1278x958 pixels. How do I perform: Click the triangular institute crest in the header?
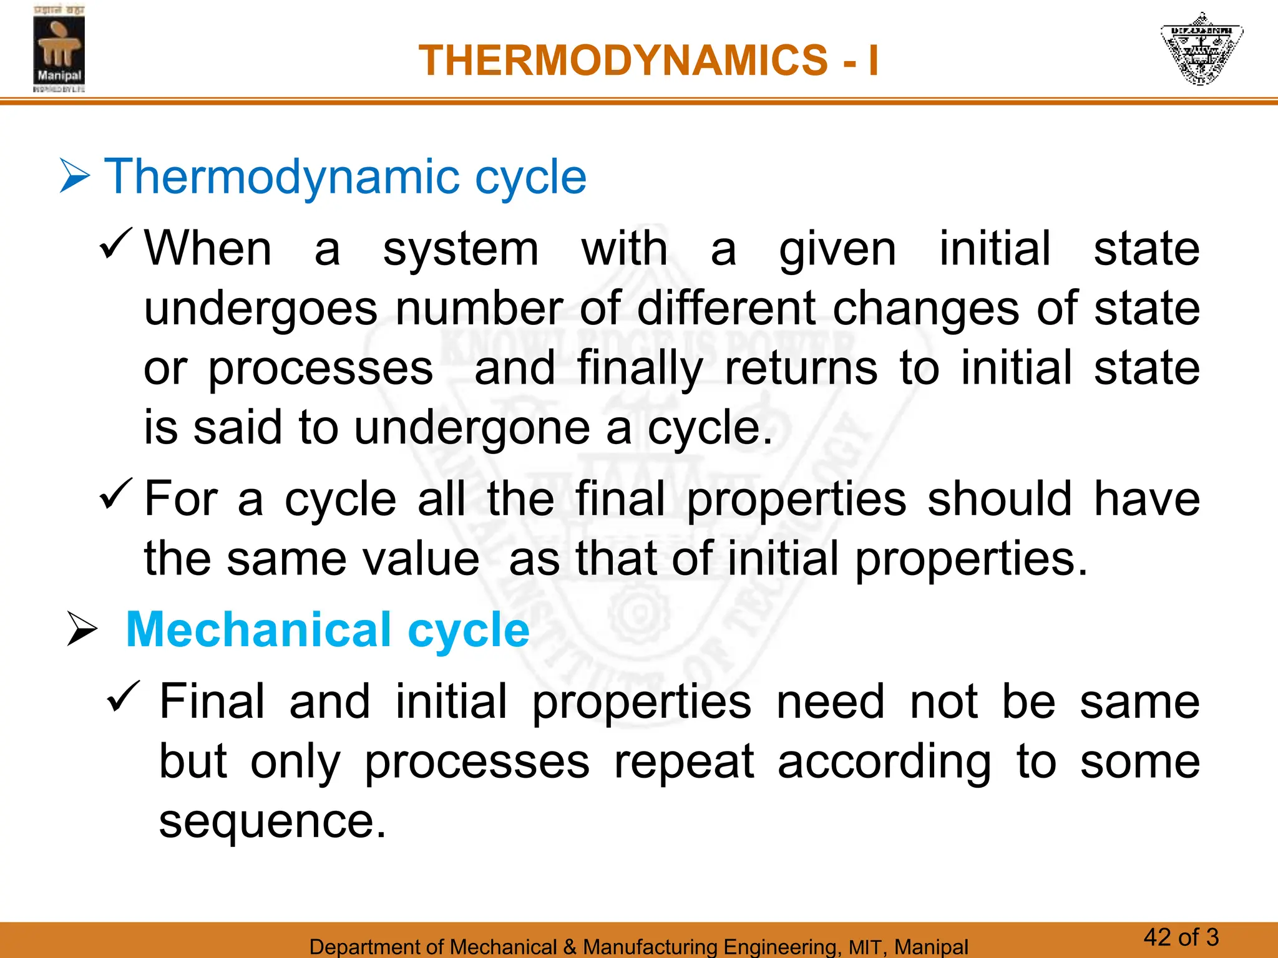pyautogui.click(x=1201, y=49)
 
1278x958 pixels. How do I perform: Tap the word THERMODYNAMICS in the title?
pyautogui.click(x=623, y=60)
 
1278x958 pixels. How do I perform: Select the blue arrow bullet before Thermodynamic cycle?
pyautogui.click(x=75, y=177)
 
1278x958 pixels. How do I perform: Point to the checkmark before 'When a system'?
pyautogui.click(x=116, y=244)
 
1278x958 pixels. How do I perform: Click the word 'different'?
pyautogui.click(x=726, y=308)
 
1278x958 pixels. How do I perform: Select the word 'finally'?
pyautogui.click(x=640, y=369)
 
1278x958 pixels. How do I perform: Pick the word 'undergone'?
pyautogui.click(x=472, y=429)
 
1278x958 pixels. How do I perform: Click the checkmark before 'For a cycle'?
pyautogui.click(x=116, y=494)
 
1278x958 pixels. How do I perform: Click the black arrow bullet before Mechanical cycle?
pyautogui.click(x=82, y=629)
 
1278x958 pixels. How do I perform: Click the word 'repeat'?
pyautogui.click(x=684, y=762)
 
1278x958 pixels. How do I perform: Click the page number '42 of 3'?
pyautogui.click(x=1181, y=937)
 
